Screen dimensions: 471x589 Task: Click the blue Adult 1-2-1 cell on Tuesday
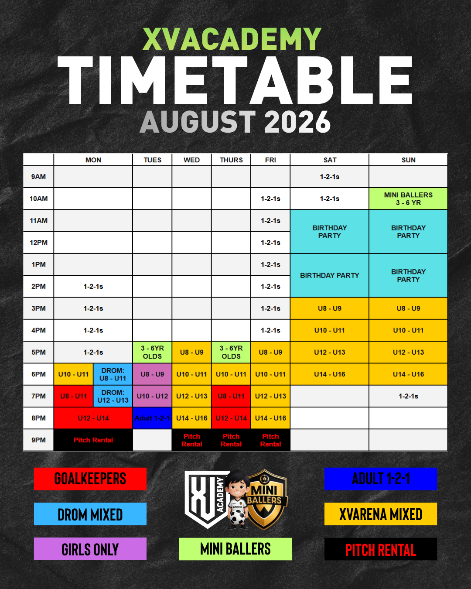click(x=152, y=418)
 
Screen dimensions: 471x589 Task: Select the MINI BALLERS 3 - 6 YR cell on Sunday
click(x=408, y=199)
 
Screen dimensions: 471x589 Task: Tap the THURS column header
click(x=231, y=160)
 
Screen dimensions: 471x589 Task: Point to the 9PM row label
click(x=38, y=440)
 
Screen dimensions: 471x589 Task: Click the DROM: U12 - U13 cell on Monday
click(x=113, y=396)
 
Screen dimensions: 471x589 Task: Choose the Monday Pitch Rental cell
click(x=93, y=440)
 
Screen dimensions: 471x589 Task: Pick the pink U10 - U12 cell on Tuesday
click(x=152, y=396)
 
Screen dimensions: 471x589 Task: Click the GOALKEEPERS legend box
click(x=90, y=479)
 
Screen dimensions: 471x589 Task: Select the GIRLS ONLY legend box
click(x=90, y=549)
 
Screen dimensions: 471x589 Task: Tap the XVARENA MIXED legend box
click(x=380, y=514)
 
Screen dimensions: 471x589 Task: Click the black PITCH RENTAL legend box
click(x=380, y=549)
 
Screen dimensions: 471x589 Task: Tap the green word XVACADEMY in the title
click(x=232, y=39)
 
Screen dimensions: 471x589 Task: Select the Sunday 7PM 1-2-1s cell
click(x=408, y=396)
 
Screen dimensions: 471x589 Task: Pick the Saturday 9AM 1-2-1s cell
click(x=330, y=177)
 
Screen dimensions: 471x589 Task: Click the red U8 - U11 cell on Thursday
click(x=231, y=396)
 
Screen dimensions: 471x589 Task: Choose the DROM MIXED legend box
click(x=90, y=514)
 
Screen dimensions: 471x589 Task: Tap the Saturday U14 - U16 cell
click(x=330, y=374)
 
